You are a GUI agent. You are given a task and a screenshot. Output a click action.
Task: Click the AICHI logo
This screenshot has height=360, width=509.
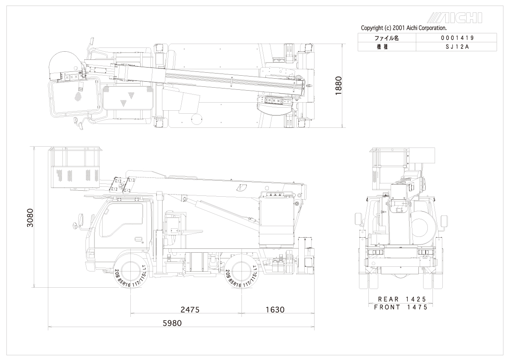(x=455, y=18)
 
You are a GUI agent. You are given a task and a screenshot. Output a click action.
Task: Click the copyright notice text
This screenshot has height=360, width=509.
(x=403, y=28)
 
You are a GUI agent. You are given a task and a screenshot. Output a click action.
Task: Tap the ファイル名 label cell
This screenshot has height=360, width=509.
(x=386, y=38)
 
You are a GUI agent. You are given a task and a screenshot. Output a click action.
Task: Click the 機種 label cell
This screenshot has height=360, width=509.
(x=386, y=47)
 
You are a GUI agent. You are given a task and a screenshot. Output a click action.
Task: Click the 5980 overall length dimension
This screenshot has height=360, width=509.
(x=172, y=323)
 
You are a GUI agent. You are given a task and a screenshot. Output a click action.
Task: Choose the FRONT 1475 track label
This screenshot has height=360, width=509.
(x=400, y=307)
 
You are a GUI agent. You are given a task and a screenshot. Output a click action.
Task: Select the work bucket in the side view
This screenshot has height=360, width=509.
(x=76, y=169)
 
